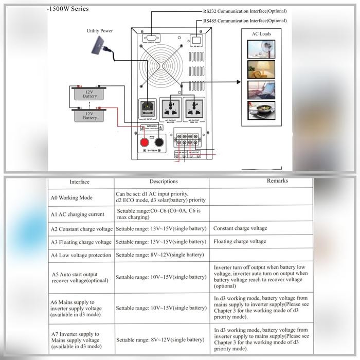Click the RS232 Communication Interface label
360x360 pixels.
[245, 11]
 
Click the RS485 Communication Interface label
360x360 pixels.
[245, 21]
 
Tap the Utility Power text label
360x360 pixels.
[99, 31]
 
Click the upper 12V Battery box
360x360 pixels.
[90, 94]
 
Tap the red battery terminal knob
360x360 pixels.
[145, 141]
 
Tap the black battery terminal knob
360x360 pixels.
[160, 141]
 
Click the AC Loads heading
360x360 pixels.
[261, 34]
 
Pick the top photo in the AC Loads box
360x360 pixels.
[261, 48]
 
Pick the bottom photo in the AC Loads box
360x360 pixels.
[261, 110]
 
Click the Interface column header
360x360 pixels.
[79, 182]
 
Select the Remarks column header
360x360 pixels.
[277, 181]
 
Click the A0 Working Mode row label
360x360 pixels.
[71, 197]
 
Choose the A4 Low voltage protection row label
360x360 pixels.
[81, 255]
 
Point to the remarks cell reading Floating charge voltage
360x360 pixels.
[240, 241]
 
